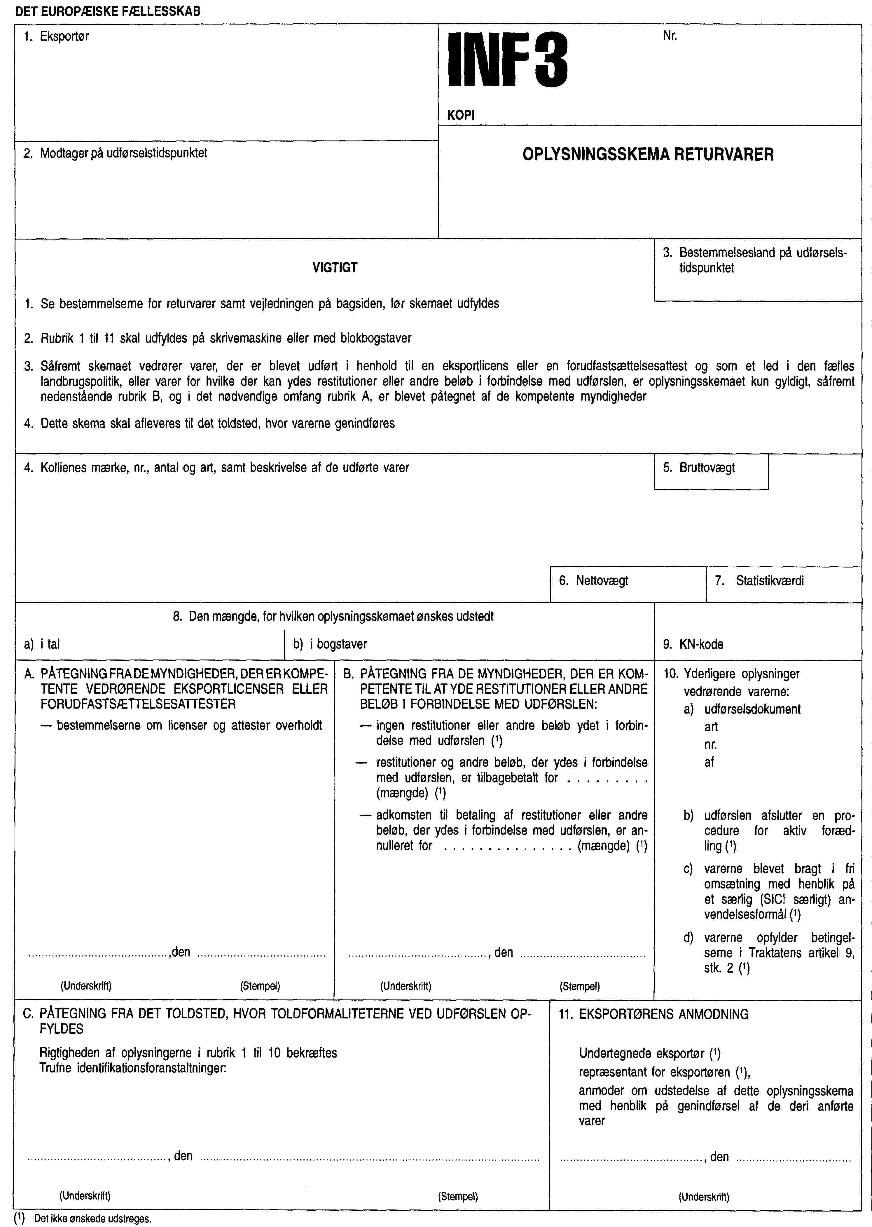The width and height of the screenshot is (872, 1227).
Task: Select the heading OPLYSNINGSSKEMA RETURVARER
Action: tap(648, 155)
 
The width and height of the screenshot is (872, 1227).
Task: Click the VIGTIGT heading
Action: tap(335, 268)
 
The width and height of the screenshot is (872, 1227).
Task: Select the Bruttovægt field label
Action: tap(707, 468)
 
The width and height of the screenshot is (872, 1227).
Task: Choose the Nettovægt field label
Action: tap(601, 580)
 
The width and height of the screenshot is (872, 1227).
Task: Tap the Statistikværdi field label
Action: tap(769, 580)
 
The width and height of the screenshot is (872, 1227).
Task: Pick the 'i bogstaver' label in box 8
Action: tap(338, 644)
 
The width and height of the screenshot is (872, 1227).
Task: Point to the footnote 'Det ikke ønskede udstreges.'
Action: tap(92, 1219)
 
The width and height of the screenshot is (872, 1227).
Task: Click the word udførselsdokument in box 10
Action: tap(752, 709)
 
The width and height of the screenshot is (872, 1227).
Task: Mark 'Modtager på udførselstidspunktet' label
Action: tap(123, 153)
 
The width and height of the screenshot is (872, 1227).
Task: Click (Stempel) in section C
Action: tap(457, 1196)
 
